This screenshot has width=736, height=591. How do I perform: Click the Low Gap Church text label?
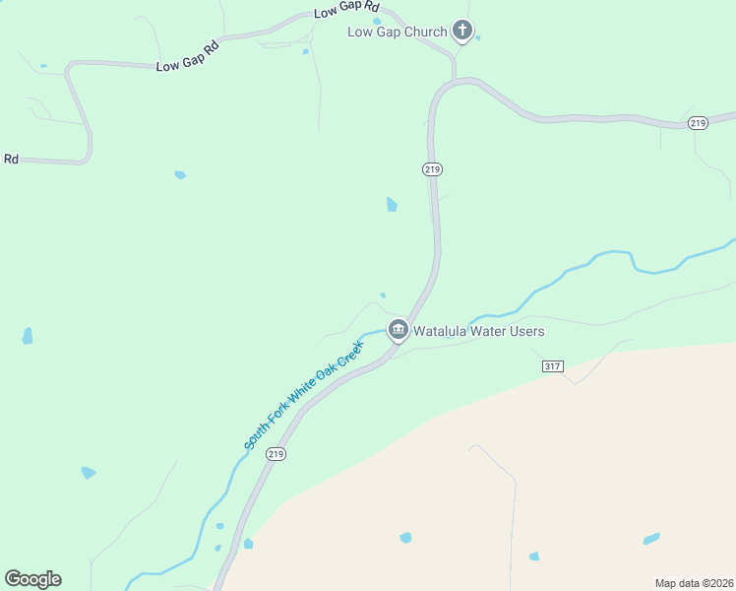tap(398, 32)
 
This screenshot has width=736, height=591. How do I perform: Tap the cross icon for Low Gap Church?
tap(462, 31)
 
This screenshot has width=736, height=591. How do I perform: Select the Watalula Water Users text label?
tap(478, 331)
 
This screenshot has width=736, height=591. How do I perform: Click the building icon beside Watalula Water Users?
tap(398, 330)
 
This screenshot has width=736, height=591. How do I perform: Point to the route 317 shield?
tap(552, 366)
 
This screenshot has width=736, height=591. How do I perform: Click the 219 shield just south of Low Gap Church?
tap(432, 169)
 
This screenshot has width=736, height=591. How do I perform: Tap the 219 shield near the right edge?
tap(698, 122)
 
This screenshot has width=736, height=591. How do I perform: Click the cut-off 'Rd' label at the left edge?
tap(11, 159)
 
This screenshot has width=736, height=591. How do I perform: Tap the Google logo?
tap(32, 579)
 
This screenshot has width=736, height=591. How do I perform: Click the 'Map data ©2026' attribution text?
tap(693, 582)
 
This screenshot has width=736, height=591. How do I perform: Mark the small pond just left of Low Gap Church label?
tap(377, 21)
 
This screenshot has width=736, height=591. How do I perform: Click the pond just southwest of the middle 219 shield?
tap(392, 205)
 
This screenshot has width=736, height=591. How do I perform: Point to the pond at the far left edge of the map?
tap(28, 336)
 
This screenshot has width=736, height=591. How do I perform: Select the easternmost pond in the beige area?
tap(651, 539)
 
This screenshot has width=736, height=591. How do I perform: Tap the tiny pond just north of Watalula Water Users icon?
tap(383, 295)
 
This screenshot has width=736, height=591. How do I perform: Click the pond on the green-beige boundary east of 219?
tap(248, 543)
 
